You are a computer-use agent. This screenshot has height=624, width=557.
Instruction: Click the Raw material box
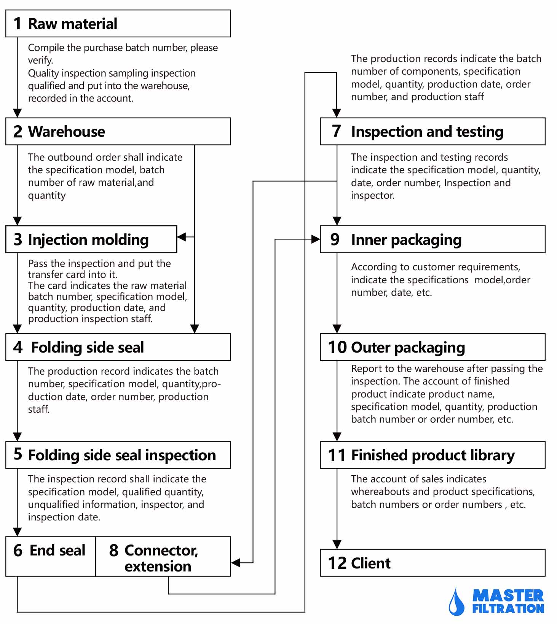(118, 24)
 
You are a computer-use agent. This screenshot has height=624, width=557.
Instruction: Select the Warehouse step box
(118, 131)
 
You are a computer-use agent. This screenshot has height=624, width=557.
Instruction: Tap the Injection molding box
(91, 239)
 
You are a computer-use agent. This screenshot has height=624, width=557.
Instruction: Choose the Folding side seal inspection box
(118, 455)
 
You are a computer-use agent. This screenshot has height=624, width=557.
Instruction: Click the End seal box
(51, 556)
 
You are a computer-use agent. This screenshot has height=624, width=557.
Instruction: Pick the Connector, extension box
(163, 556)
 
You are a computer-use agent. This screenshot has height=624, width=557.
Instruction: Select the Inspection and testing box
(433, 131)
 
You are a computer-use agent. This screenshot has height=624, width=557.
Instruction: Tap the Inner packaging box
(433, 239)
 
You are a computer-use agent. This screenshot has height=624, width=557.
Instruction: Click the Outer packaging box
(433, 347)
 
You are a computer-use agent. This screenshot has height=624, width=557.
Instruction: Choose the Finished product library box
(433, 455)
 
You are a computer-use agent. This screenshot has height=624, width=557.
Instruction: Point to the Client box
(433, 563)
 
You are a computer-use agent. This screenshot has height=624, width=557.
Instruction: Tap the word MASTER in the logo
(508, 595)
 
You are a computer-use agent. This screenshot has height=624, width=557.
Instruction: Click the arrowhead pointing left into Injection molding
(182, 237)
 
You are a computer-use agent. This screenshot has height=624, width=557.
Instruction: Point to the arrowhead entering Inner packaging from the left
(316, 239)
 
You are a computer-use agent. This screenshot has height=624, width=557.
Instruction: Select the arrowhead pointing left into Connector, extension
(235, 563)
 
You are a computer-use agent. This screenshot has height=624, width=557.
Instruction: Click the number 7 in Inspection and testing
(336, 131)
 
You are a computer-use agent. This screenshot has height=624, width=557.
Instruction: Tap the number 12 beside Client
(337, 563)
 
